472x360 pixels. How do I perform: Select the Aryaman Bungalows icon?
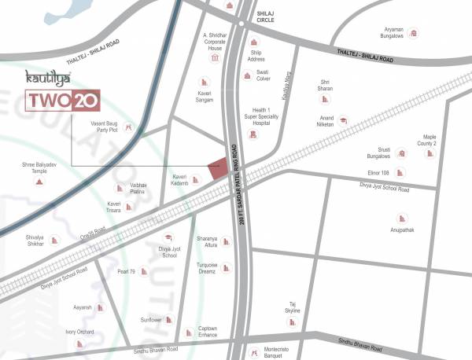(x=412, y=33)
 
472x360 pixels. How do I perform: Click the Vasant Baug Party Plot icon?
(x=130, y=127)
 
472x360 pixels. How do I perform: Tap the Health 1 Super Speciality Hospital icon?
(x=253, y=134)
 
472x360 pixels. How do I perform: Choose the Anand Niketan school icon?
(x=344, y=119)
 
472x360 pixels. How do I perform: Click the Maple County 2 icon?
(x=430, y=153)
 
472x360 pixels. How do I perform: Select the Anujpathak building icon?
(x=401, y=218)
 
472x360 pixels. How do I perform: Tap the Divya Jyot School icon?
(x=168, y=237)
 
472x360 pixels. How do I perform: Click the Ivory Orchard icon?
(x=79, y=343)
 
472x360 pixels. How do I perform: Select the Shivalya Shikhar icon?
(x=54, y=240)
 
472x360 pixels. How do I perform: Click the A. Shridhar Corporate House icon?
(x=215, y=57)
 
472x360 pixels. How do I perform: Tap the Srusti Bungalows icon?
(x=401, y=153)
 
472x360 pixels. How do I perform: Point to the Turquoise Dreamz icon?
(x=225, y=269)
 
